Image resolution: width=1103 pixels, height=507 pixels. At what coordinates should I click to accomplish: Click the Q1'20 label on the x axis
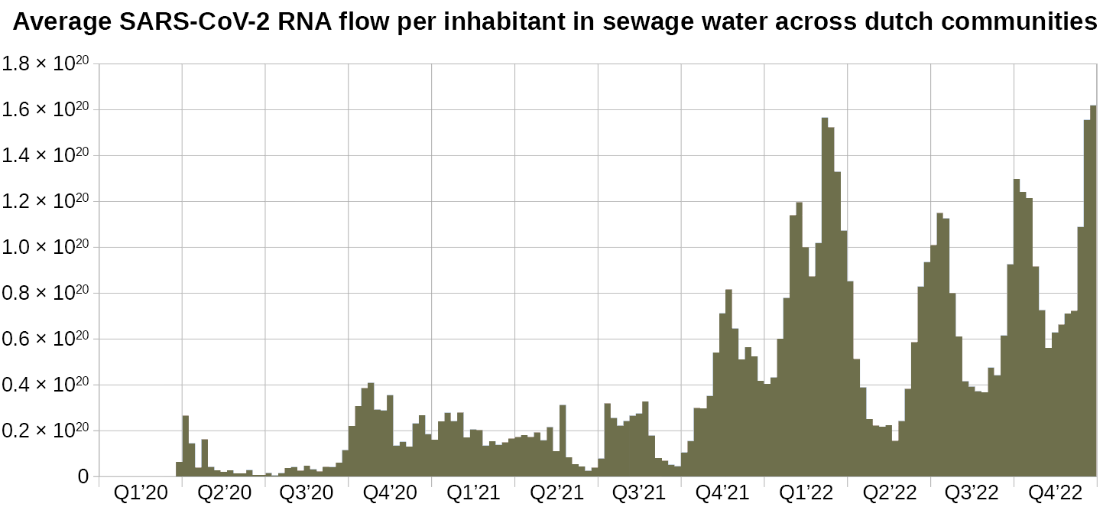pos(141,492)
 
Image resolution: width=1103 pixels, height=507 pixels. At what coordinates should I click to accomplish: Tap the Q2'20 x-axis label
pos(224,492)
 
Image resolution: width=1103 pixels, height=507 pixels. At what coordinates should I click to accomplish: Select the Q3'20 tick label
pos(307,492)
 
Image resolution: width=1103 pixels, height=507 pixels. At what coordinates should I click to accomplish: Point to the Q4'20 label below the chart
pos(391,492)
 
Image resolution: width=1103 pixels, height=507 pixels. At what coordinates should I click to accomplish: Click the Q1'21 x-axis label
pos(473,492)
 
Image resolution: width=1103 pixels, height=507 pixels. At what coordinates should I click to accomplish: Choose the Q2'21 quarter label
pos(556,492)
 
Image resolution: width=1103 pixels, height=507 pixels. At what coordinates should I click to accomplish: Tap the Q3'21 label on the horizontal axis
pos(640,492)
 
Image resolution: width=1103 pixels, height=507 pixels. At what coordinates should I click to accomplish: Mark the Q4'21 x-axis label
pos(722,492)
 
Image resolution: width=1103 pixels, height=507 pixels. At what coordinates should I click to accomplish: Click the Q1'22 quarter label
pos(806,492)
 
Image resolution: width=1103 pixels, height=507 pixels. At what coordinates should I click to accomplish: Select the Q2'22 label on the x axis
pos(889,492)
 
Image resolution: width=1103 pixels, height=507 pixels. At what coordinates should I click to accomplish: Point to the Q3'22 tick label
pos(972,492)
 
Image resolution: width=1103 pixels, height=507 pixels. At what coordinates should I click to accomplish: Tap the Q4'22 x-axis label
pos(1055,492)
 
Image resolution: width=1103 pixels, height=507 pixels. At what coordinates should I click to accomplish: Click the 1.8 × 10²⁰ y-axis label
pos(47,64)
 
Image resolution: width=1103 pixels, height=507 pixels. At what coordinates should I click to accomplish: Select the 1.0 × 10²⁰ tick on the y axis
pos(47,247)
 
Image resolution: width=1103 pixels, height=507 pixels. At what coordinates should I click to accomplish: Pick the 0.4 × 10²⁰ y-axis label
pos(47,385)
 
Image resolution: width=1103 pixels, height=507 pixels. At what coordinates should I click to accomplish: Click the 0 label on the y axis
pos(84,477)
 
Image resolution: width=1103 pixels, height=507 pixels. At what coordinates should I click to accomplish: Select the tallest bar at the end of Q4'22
pos(1093,291)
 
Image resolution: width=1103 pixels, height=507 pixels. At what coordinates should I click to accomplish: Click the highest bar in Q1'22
pos(825,298)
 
